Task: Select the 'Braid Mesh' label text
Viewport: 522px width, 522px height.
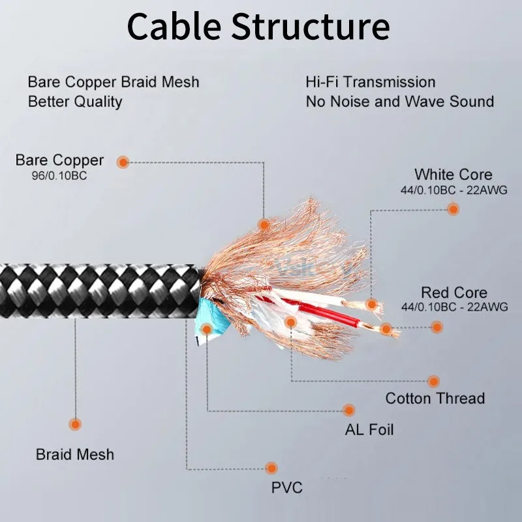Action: (75, 454)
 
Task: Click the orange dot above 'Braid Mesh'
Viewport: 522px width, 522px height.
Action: (75, 424)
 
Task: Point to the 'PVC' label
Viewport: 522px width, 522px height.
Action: (287, 487)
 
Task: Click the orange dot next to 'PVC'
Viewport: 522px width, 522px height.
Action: (271, 468)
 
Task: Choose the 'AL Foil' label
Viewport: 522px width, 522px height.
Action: (369, 430)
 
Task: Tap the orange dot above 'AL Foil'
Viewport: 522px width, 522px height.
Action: (349, 410)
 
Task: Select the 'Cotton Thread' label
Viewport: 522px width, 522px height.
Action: (435, 398)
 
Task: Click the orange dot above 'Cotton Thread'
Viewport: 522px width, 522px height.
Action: (434, 381)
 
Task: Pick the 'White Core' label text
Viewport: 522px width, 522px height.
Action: (453, 174)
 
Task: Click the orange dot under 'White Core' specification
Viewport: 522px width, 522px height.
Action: (453, 209)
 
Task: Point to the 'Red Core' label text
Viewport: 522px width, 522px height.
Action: (453, 292)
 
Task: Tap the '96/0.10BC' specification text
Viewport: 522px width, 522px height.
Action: (60, 176)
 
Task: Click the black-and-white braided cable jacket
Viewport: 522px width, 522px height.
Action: (98, 290)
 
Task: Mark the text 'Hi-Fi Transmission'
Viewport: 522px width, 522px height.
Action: (370, 82)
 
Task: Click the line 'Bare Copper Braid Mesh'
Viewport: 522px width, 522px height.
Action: (113, 82)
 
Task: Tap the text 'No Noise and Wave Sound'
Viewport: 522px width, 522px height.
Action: (399, 102)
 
